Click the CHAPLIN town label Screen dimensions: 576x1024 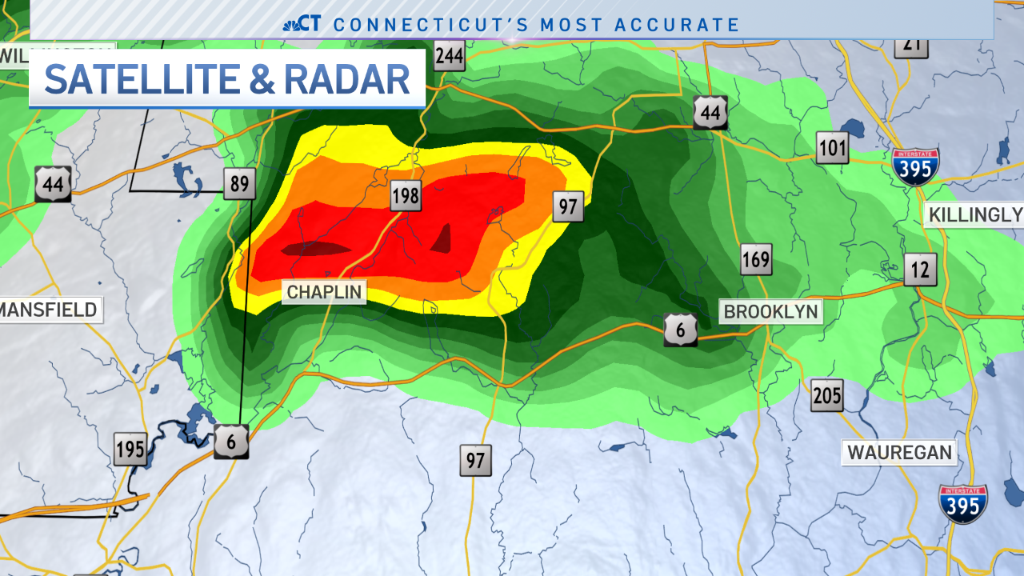[x=324, y=292]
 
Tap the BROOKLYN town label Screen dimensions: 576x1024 [x=770, y=311]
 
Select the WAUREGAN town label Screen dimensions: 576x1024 [x=899, y=453]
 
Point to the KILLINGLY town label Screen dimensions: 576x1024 [x=974, y=214]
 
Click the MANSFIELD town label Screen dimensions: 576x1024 [x=50, y=310]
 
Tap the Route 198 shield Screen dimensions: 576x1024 [x=406, y=196]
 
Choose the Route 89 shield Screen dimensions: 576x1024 [x=239, y=184]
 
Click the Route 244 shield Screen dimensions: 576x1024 [x=450, y=56]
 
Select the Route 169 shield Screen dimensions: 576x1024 [x=755, y=259]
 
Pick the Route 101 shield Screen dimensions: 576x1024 [x=832, y=148]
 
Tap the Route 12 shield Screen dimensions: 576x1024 [x=920, y=270]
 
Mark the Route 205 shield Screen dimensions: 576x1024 [x=826, y=396]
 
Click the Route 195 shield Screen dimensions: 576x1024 [x=130, y=449]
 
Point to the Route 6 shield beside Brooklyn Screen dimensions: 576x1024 [x=680, y=330]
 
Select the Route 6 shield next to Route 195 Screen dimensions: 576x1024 [x=231, y=442]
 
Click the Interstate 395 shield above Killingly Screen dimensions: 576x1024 [x=915, y=166]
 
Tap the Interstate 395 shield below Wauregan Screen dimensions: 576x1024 [x=962, y=504]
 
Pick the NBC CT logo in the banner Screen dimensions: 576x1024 [x=302, y=24]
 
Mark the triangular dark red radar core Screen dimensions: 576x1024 [x=442, y=239]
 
